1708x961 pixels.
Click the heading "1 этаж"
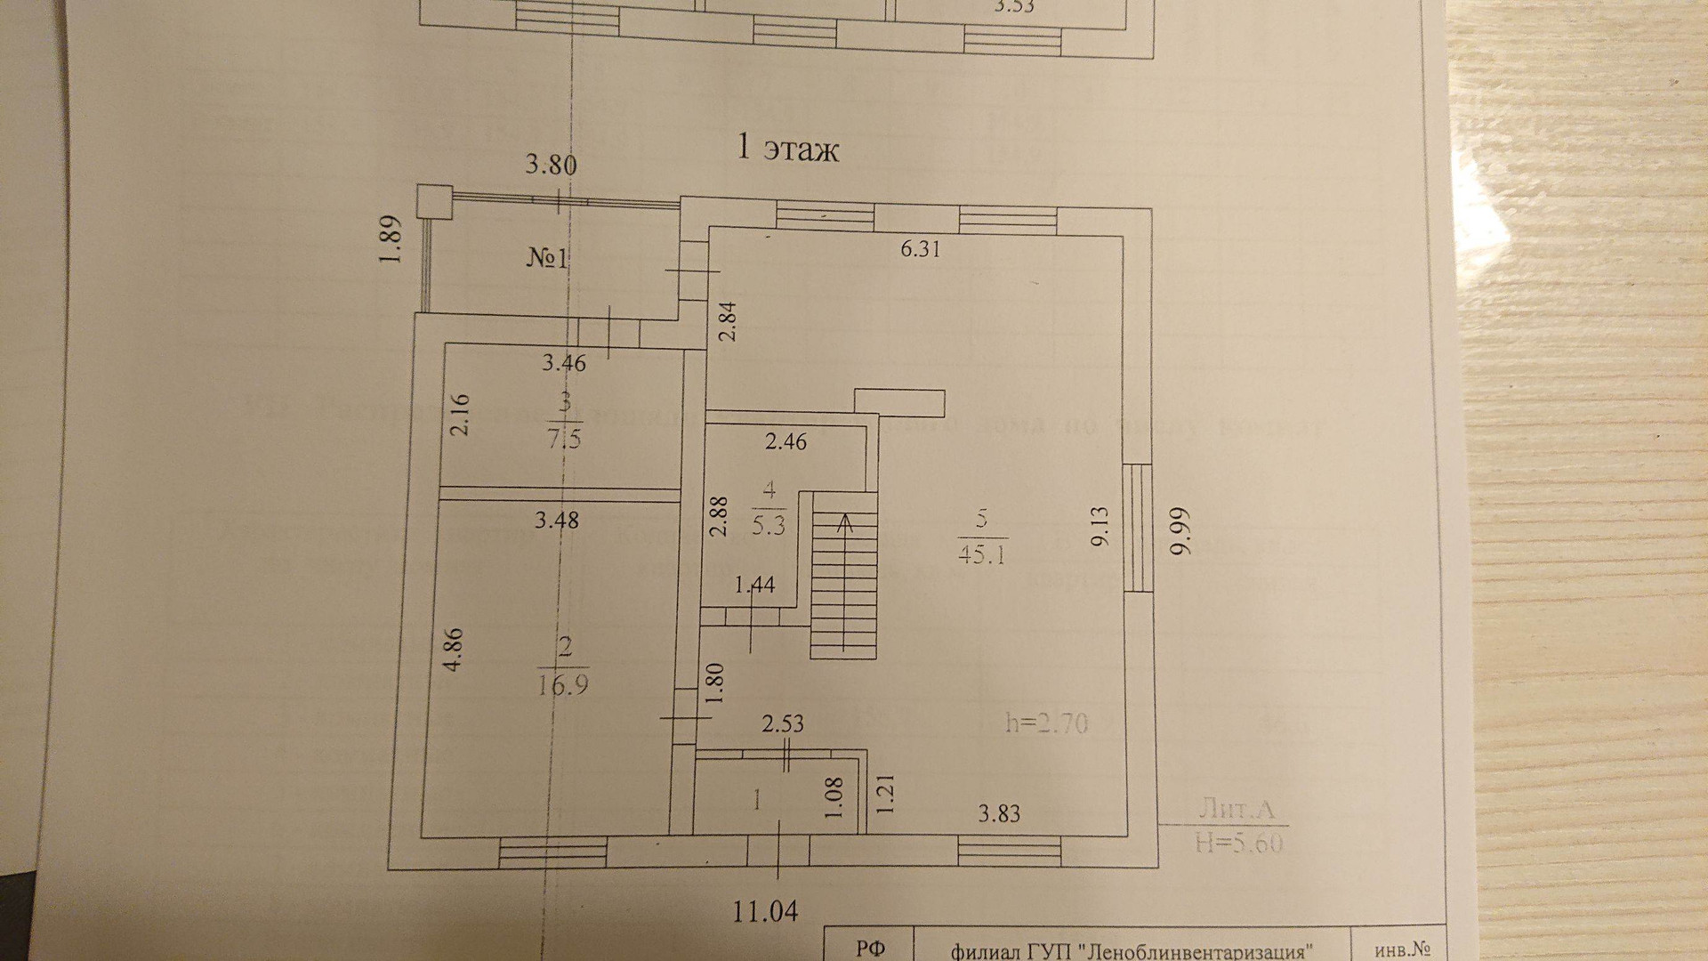(x=788, y=148)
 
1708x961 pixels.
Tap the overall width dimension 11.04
(x=765, y=910)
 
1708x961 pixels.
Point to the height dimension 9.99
(x=1179, y=532)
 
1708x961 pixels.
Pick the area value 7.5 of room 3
(x=564, y=439)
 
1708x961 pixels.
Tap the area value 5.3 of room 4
(x=769, y=525)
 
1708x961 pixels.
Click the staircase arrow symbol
(x=843, y=522)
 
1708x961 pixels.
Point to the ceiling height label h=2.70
(x=1047, y=722)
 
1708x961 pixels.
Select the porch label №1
(x=547, y=259)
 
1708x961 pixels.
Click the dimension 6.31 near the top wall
(x=920, y=249)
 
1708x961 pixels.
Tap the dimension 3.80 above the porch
(x=551, y=165)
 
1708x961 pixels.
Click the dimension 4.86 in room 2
(x=454, y=650)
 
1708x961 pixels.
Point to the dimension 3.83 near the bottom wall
(x=998, y=813)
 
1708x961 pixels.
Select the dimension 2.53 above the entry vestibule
(x=783, y=723)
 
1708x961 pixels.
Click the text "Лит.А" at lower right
(x=1237, y=809)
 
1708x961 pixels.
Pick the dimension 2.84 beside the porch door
(x=728, y=322)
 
